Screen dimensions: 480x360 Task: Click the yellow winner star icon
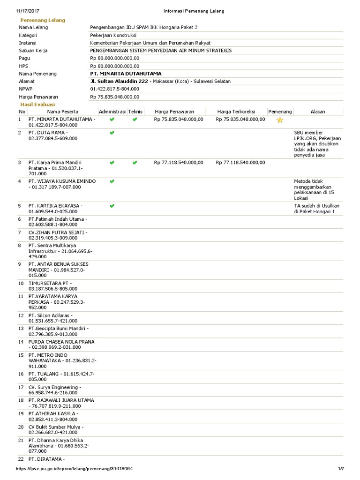coord(280,120)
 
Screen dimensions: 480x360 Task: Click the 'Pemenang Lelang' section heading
coord(42,20)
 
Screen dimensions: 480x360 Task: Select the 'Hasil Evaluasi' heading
coord(37,104)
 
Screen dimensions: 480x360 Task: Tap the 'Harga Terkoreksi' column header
coord(236,112)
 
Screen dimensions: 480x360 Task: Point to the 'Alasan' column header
coord(318,112)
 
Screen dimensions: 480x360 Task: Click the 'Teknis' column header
coord(135,112)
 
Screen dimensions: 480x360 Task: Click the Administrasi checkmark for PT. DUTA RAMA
coord(112,133)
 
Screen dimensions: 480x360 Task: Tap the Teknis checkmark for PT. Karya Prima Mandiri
coord(135,163)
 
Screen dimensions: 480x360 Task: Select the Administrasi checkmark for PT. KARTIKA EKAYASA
coord(112,206)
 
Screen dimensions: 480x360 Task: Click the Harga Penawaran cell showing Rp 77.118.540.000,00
coord(179,163)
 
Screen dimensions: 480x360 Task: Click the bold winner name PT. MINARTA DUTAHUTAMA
coord(126,74)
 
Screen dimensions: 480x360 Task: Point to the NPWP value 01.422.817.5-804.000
coord(115,89)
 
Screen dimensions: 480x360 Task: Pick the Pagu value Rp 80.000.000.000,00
coord(115,58)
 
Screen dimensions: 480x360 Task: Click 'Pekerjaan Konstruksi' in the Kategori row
coord(113,35)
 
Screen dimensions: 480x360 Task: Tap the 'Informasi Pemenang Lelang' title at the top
coord(194,11)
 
